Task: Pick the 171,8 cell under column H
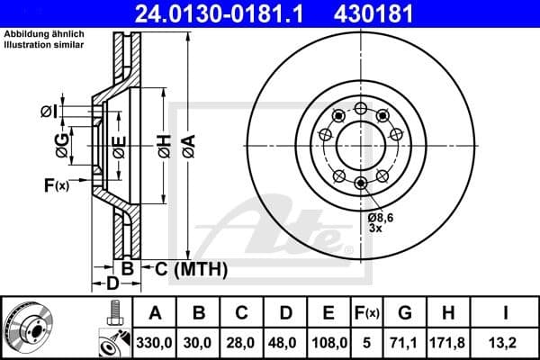[447, 343]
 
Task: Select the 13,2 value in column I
[506, 343]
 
